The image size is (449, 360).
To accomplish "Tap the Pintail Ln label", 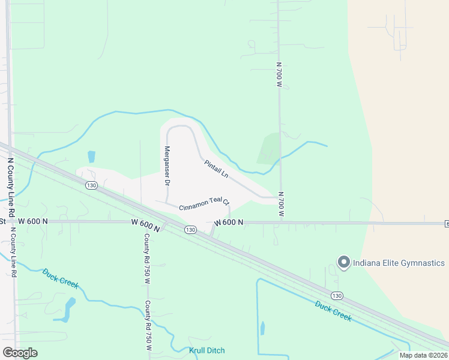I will click(216, 167).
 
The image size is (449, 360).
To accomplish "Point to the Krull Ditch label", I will click(207, 350).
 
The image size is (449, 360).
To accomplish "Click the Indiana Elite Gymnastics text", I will click(399, 263).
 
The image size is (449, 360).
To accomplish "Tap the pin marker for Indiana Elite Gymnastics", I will click(344, 262).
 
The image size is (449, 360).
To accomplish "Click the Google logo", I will click(20, 353).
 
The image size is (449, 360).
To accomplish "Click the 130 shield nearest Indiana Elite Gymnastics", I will click(338, 296).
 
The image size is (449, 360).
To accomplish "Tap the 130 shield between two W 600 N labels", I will click(190, 230).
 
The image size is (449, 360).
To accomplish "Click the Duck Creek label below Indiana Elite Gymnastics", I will click(333, 310).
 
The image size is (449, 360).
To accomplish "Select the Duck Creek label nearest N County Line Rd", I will click(60, 278).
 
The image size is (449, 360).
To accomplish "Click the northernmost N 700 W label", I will click(279, 75).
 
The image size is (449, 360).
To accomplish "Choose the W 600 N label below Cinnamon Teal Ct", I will click(228, 222).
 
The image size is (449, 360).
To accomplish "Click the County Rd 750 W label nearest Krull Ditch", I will click(148, 326).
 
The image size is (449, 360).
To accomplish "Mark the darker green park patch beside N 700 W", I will click(269, 148).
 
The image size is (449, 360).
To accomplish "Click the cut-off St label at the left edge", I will click(2, 221).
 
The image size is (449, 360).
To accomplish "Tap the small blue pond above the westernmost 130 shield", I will click(91, 157).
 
